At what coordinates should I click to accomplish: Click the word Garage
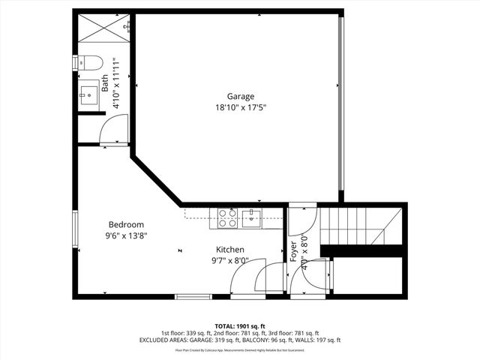[241, 96]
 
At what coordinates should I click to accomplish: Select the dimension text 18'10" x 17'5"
[241, 107]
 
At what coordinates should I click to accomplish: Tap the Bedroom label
[126, 224]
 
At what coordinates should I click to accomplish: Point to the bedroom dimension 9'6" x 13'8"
[126, 235]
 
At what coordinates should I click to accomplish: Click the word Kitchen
[229, 250]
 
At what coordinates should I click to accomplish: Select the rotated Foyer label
[293, 253]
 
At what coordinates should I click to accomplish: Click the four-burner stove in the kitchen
[227, 217]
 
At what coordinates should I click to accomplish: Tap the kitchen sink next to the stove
[251, 218]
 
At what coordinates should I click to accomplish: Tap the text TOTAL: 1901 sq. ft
[240, 326]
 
